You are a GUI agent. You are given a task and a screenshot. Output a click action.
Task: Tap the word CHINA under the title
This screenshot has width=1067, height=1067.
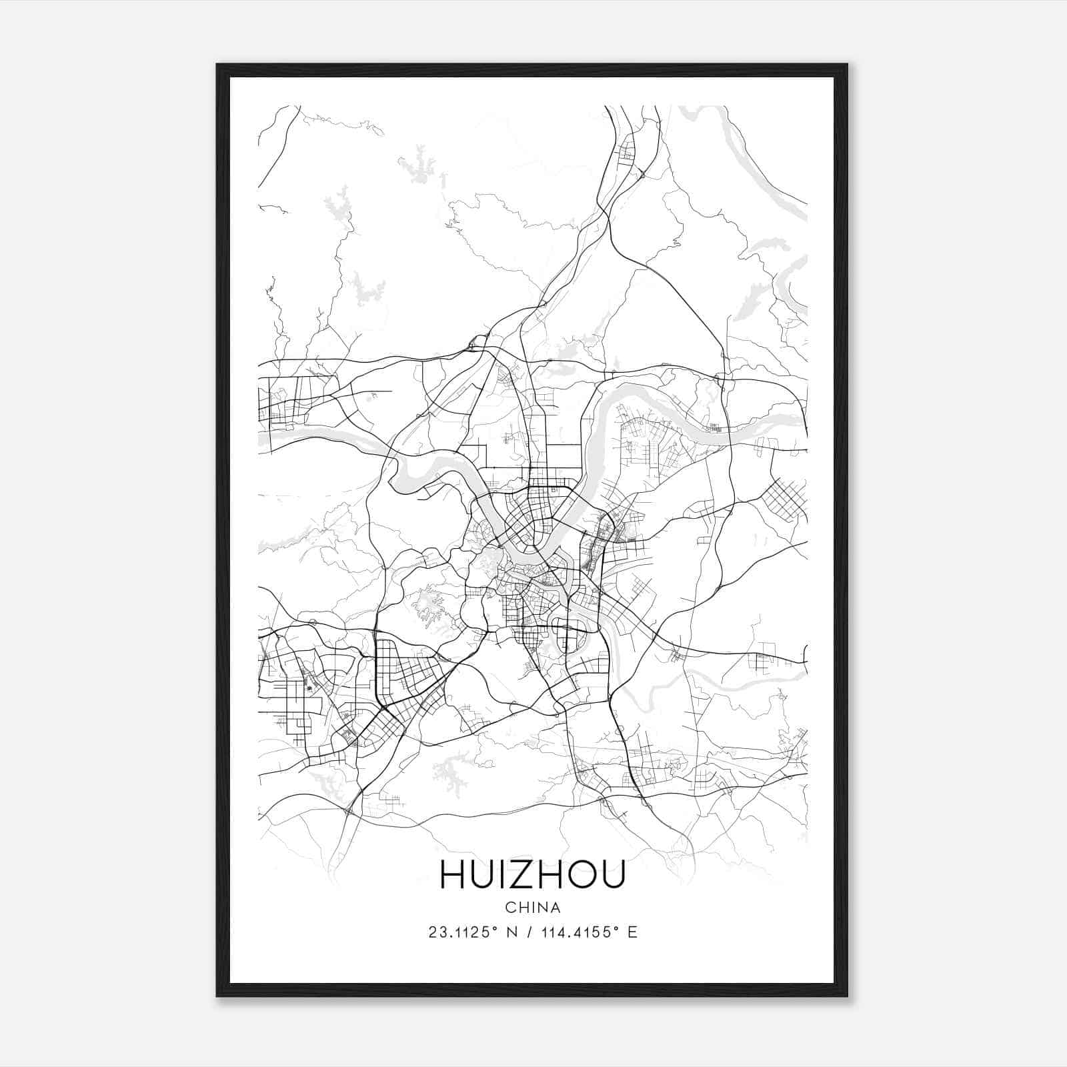[x=532, y=908]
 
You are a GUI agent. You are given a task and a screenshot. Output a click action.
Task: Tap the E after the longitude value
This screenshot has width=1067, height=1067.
[x=632, y=932]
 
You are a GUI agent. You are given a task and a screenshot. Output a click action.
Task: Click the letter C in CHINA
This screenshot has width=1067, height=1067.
[x=509, y=908]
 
